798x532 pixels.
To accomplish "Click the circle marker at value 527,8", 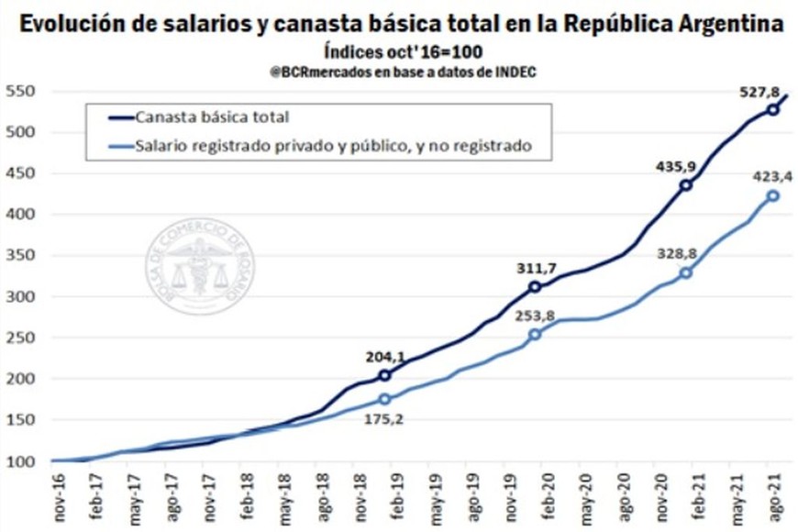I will coord(773,109).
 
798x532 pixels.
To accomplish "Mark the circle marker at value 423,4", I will coord(773,195).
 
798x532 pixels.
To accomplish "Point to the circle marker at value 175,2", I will coord(384,399).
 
